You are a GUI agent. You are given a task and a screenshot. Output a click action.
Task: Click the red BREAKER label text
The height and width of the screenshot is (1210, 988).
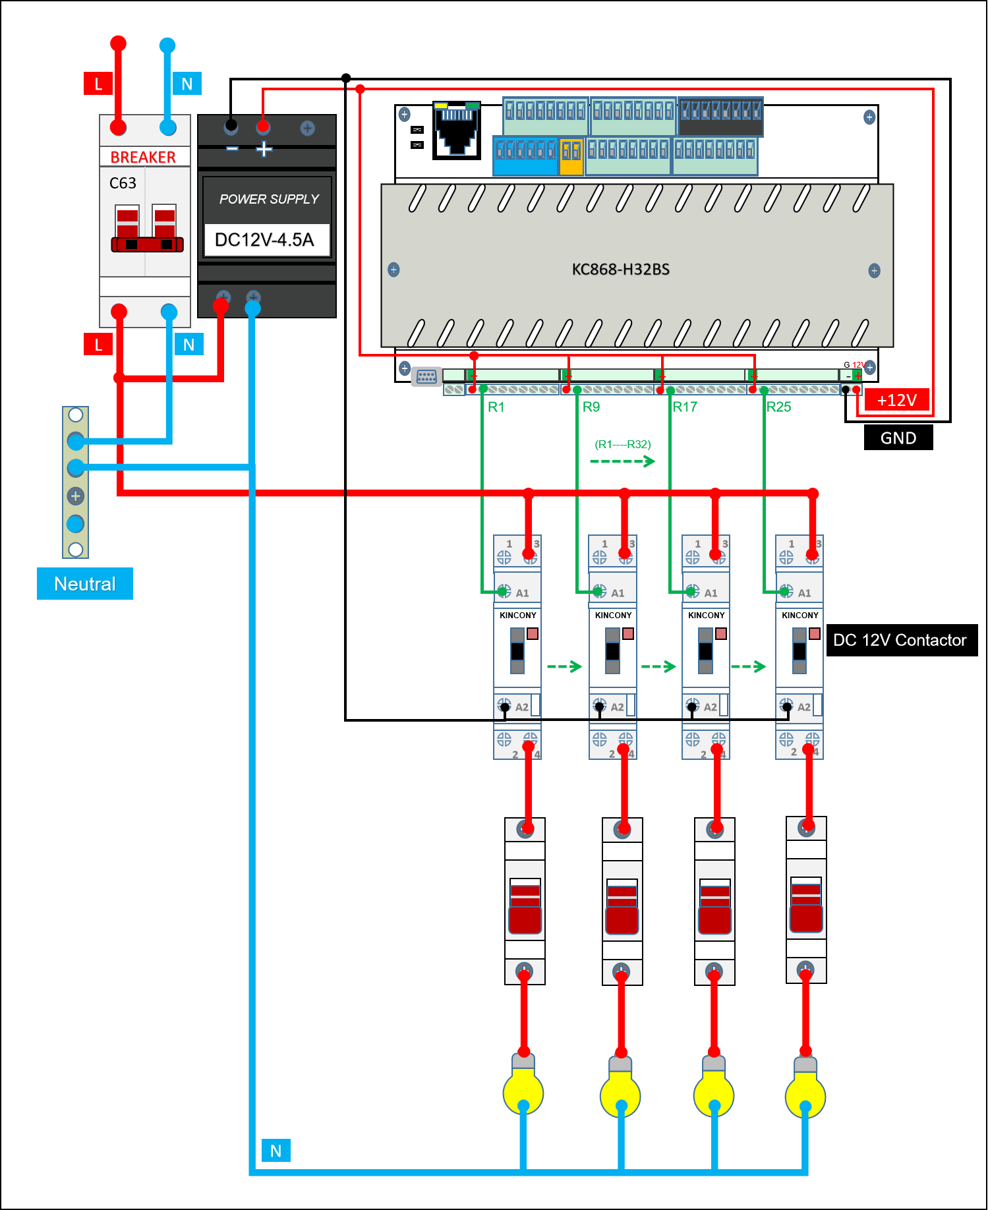(143, 157)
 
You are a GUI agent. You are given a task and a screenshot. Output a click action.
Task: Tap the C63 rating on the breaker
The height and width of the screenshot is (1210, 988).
(123, 183)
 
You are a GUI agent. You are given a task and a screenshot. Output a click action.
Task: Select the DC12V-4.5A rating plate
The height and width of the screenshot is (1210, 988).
(265, 239)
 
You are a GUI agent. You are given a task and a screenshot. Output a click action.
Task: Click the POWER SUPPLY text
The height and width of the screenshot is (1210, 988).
(269, 199)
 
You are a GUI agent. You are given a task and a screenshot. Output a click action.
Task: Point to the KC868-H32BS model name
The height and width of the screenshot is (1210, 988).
(620, 269)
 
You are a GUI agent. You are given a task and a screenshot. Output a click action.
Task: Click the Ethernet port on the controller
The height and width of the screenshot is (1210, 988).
(457, 131)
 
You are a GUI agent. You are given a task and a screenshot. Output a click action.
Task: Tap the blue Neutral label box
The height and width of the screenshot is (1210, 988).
(85, 584)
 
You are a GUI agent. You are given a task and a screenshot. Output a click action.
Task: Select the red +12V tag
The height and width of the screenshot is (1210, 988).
(896, 400)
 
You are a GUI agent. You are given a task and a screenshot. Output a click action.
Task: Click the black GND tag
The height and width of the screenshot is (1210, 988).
(898, 438)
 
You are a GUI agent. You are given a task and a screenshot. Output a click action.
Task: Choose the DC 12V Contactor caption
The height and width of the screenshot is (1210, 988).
(900, 640)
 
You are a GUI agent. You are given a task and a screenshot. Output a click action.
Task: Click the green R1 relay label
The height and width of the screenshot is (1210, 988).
(496, 407)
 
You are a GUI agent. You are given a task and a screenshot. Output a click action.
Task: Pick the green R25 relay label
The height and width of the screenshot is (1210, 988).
(778, 407)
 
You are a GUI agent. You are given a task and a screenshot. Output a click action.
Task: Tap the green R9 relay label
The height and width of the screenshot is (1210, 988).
(591, 407)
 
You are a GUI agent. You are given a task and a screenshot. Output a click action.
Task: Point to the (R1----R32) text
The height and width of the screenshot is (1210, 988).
(623, 444)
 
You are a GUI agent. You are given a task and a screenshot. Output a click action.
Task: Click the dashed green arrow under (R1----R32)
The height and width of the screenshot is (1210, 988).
(623, 461)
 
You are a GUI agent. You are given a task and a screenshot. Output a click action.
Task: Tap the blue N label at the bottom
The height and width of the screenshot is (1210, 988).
(276, 1151)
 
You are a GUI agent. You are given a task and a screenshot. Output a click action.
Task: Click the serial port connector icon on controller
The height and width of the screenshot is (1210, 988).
(426, 377)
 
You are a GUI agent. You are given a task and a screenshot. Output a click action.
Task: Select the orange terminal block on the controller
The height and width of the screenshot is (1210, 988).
(571, 156)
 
